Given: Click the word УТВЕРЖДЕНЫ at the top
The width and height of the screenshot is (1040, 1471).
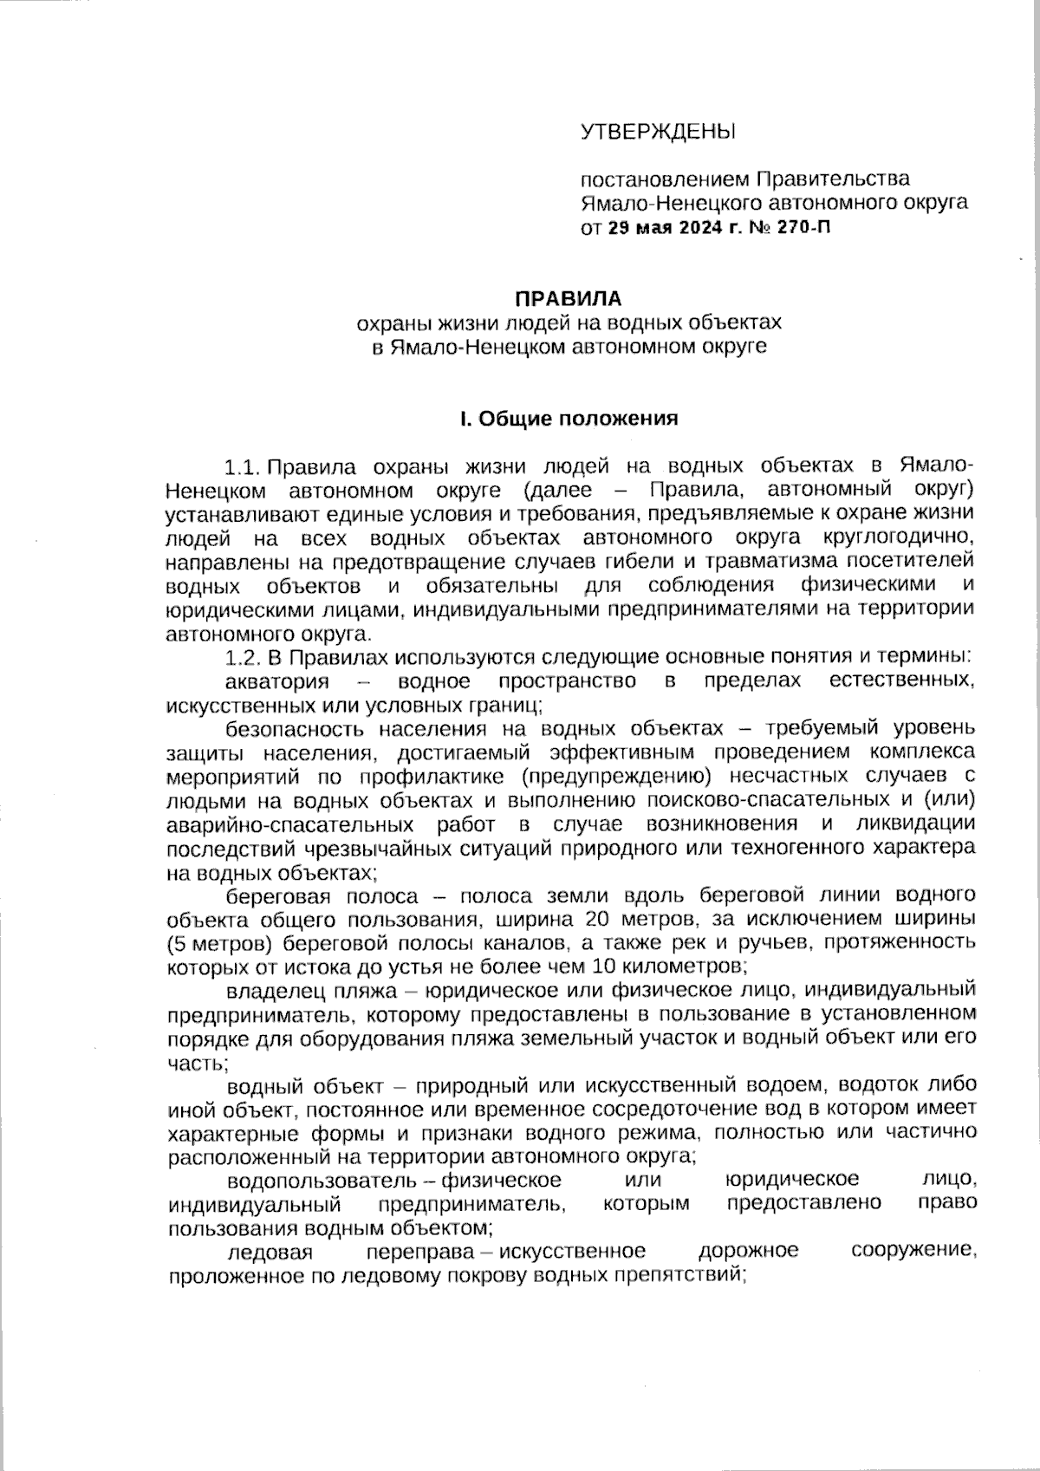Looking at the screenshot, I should tap(656, 133).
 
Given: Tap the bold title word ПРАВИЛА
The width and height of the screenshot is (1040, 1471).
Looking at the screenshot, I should tap(569, 299).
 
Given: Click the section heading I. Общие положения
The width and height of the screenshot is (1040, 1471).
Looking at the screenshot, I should tap(569, 419).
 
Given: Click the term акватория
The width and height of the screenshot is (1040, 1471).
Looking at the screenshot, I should tap(277, 681).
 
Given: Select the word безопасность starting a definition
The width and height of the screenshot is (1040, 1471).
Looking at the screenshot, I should tap(287, 727).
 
